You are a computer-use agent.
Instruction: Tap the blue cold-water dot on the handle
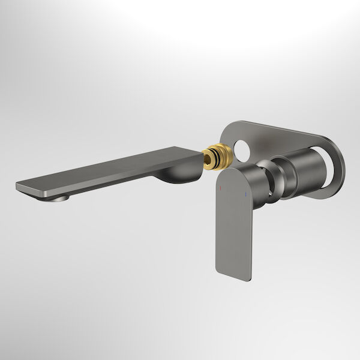(x=245, y=195)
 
